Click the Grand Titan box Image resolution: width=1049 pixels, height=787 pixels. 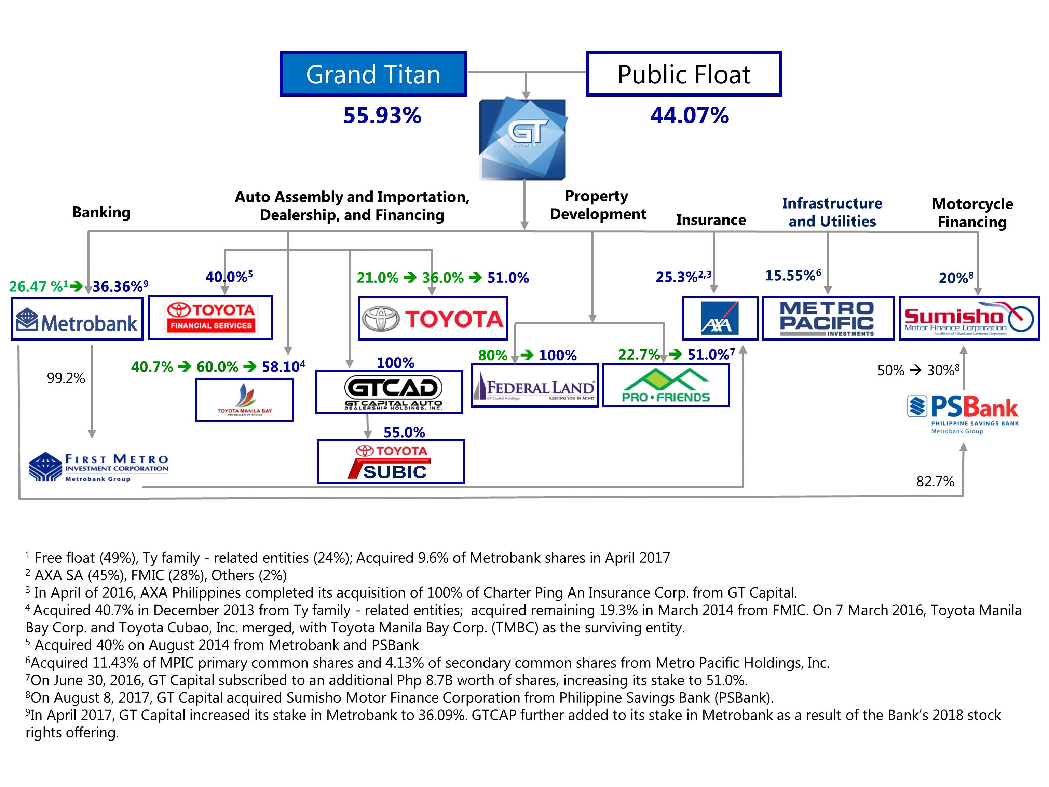point(373,74)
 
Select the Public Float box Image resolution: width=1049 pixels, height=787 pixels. point(683,74)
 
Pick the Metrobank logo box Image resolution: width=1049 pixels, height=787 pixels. point(77,319)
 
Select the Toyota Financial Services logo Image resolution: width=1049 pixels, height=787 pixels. point(210,317)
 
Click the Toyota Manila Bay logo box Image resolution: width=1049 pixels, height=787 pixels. point(245,400)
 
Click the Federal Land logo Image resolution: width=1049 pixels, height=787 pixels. point(534,386)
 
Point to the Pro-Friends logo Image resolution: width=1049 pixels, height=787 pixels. point(666,385)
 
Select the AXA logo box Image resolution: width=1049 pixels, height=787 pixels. point(719,318)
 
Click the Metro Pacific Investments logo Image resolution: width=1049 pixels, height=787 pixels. point(828,318)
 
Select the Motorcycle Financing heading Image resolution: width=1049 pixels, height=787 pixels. point(972,213)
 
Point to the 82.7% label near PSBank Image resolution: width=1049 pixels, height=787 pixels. point(935,481)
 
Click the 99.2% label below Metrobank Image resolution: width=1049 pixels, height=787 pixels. point(66,378)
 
